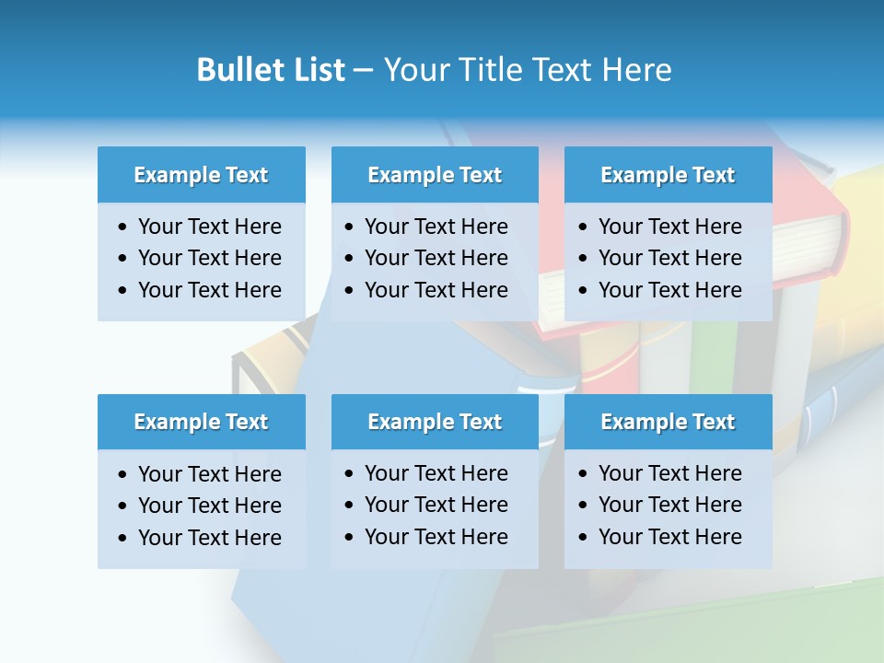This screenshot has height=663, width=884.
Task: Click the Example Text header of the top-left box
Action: pos(201,175)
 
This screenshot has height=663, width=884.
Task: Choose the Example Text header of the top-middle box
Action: pos(435,175)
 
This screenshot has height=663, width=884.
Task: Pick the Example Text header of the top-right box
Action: pos(668,175)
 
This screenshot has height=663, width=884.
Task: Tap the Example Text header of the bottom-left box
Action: pos(201,422)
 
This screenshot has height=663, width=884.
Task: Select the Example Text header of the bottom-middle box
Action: pos(435,422)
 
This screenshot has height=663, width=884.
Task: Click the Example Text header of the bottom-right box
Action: pos(668,422)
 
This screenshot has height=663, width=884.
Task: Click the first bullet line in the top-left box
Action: pos(209,227)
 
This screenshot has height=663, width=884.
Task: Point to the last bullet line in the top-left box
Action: pos(209,290)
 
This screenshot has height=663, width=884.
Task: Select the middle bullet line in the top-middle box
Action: pos(436,258)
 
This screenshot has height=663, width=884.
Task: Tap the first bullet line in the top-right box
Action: pos(669,227)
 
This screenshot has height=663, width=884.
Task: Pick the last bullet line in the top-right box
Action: pos(669,290)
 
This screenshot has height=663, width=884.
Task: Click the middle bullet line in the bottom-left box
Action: pos(209,506)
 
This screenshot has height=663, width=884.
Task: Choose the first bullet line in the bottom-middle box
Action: pos(436,473)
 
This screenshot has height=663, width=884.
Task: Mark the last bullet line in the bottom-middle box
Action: pos(436,537)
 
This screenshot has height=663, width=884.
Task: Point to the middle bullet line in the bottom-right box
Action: pos(669,505)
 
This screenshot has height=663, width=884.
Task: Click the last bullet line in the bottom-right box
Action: pos(669,537)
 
